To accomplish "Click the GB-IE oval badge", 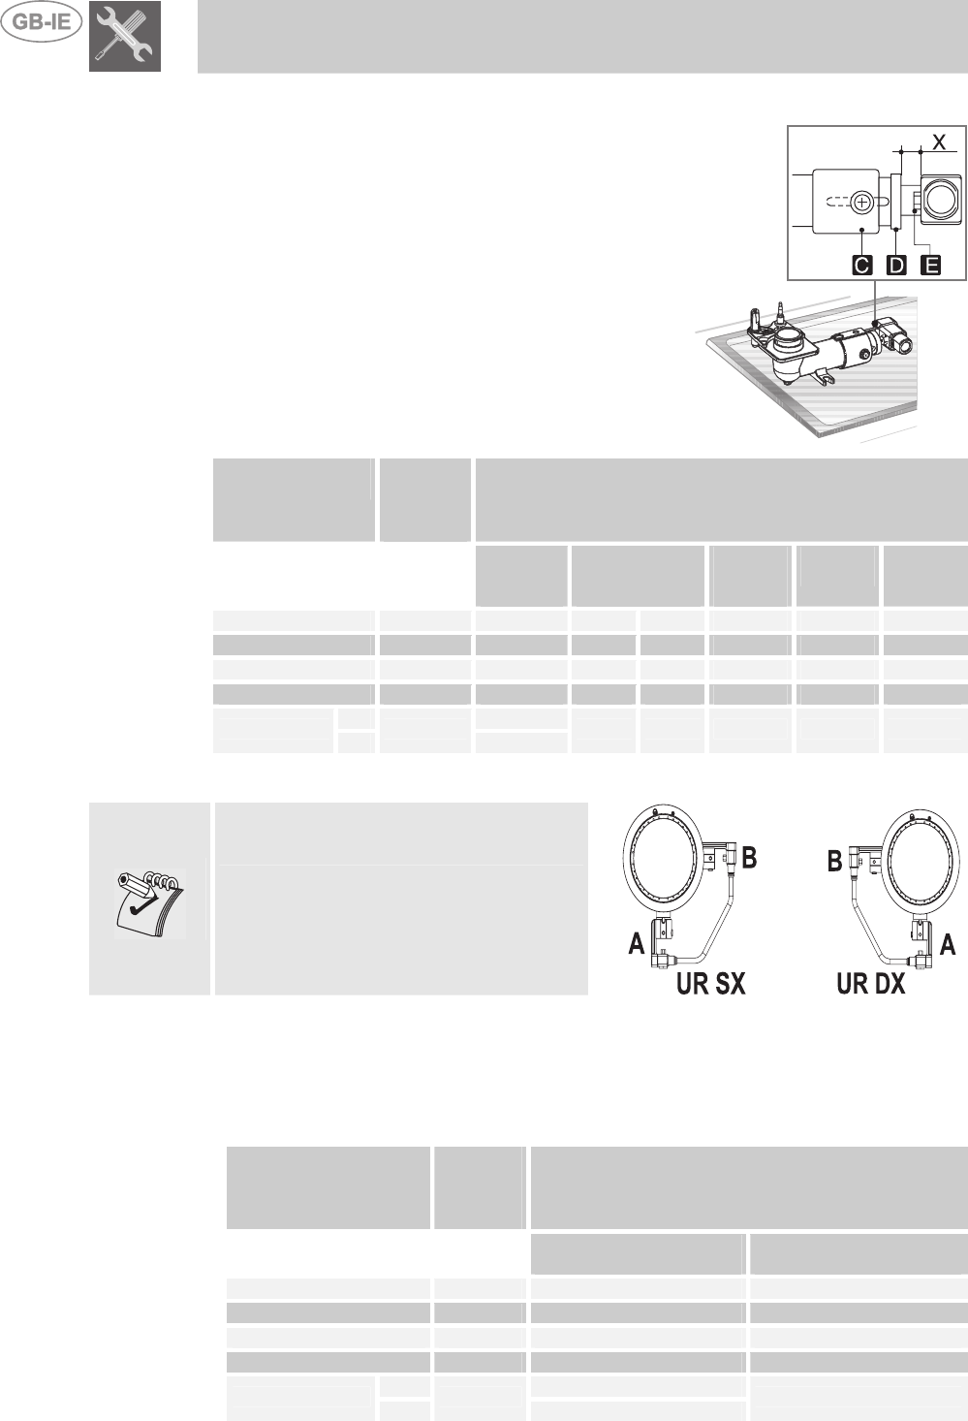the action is pyautogui.click(x=42, y=22).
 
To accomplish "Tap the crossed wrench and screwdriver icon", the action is pyautogui.click(x=125, y=36).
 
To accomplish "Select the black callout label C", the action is pyautogui.click(x=861, y=265).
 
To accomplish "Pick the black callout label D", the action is pyautogui.click(x=896, y=265).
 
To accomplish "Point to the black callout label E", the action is pyautogui.click(x=930, y=265).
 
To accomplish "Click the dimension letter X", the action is pyautogui.click(x=939, y=142).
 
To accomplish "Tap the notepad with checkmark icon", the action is pyautogui.click(x=150, y=899).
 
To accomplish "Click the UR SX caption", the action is pyautogui.click(x=711, y=983).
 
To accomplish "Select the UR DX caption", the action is pyautogui.click(x=870, y=983).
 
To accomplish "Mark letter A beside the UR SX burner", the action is pyautogui.click(x=637, y=943).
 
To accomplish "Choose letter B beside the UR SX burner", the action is pyautogui.click(x=749, y=857).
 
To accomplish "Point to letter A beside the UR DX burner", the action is pyautogui.click(x=948, y=943).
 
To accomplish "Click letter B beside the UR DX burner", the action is pyautogui.click(x=834, y=861).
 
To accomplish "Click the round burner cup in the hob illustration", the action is pyautogui.click(x=790, y=341).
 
